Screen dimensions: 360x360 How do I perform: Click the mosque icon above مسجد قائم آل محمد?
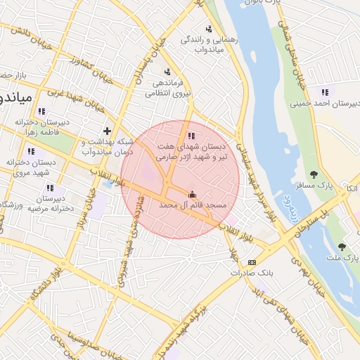pyautogui.click(x=193, y=193)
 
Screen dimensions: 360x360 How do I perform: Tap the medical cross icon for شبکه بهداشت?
pyautogui.click(x=107, y=131)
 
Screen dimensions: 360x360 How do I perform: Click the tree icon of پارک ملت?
pyautogui.click(x=342, y=247)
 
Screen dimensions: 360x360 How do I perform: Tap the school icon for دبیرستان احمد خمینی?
pyautogui.click(x=325, y=92)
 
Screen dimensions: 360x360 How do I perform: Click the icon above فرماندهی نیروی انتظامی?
pyautogui.click(x=167, y=72)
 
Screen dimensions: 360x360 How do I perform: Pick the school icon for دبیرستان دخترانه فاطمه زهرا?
pyautogui.click(x=41, y=110)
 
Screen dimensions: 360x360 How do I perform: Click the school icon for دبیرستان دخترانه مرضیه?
pyautogui.click(x=50, y=188)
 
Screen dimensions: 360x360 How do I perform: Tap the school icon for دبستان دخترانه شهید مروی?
pyautogui.click(x=30, y=151)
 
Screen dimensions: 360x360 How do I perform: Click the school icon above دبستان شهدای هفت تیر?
pyautogui.click(x=191, y=136)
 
